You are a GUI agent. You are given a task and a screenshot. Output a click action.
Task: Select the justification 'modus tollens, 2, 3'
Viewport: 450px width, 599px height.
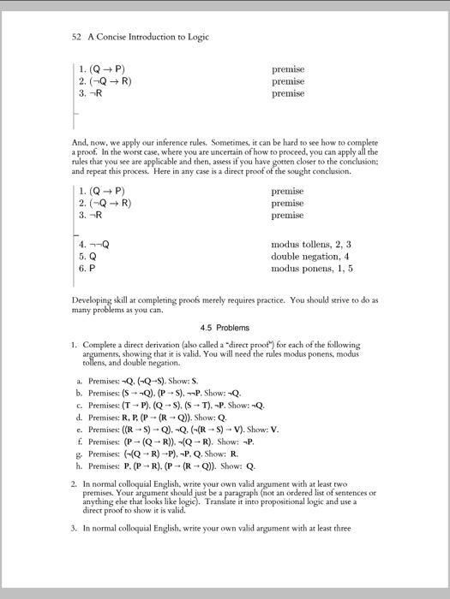(311, 244)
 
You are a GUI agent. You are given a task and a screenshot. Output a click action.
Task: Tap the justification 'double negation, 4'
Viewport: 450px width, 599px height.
(310, 256)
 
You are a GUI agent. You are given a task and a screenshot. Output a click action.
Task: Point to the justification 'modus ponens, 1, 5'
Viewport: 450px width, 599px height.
(311, 268)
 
